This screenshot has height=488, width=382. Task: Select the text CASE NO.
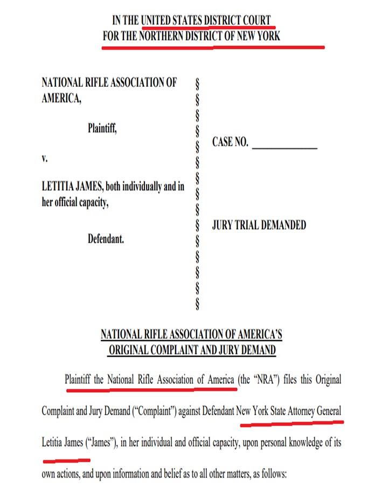(x=230, y=142)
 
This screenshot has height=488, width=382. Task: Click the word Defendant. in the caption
(x=106, y=239)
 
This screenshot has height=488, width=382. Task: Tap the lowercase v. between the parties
(x=45, y=159)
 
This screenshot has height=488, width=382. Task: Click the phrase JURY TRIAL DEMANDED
(x=259, y=225)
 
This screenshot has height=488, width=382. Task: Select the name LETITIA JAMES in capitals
(x=72, y=187)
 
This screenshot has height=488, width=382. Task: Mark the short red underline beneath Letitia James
(x=66, y=460)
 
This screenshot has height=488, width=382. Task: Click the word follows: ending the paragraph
(x=273, y=475)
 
